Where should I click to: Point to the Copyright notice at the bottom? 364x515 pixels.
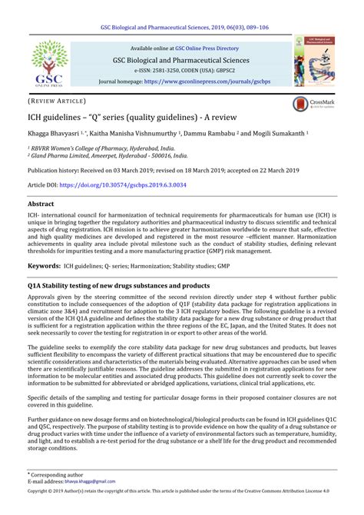[x=181, y=507]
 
